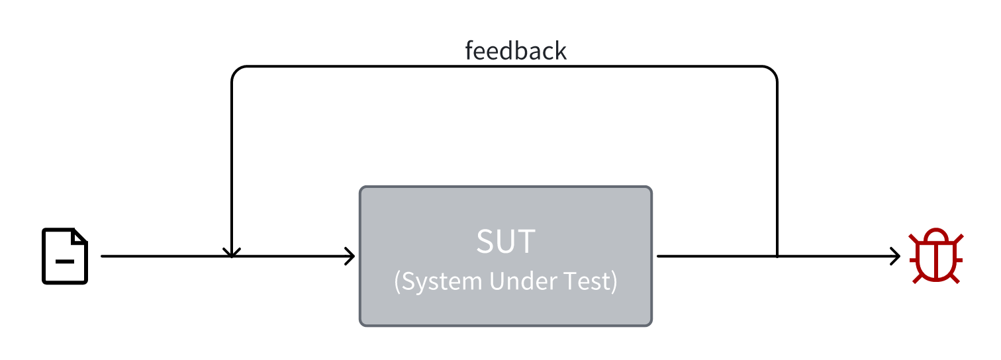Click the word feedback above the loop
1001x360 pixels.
516,51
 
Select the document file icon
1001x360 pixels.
65,256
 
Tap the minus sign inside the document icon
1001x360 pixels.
65,261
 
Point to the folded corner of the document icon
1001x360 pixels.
80,236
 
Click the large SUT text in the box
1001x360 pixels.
506,242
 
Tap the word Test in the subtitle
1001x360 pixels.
591,282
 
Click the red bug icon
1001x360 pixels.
936,257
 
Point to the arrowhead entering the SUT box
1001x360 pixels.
352,256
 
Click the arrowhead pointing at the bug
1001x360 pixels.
896,256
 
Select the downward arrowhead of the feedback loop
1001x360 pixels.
231,252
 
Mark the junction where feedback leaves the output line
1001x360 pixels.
777,256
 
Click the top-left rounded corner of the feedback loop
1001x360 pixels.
236,71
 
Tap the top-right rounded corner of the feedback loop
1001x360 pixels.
772,71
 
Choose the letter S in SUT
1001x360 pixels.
485,242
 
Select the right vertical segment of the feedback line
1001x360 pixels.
777,165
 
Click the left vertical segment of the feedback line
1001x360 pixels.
231,165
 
